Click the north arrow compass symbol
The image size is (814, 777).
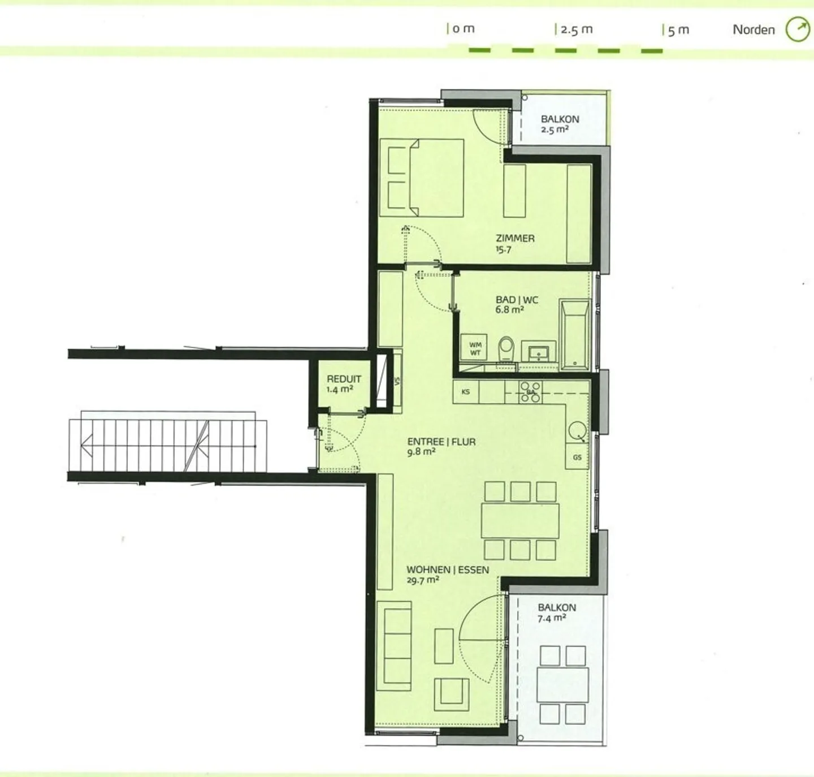(x=798, y=29)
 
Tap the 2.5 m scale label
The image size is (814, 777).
(x=577, y=29)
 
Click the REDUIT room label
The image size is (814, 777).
(x=344, y=379)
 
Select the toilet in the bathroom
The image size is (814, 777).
(x=506, y=349)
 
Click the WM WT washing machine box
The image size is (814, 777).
(x=475, y=348)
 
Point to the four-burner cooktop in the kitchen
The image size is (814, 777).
(x=530, y=391)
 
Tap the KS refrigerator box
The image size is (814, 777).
(x=466, y=391)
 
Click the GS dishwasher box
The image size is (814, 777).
(x=577, y=456)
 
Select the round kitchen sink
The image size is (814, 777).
(x=577, y=431)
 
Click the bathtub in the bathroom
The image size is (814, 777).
(x=575, y=334)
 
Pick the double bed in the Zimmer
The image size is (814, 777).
(x=422, y=178)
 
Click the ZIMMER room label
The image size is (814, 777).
(x=515, y=238)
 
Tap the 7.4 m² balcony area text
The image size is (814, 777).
(x=552, y=618)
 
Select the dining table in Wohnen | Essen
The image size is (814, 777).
(x=520, y=521)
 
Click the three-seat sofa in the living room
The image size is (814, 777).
(x=394, y=646)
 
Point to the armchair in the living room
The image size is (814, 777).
(x=451, y=694)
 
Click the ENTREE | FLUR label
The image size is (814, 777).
(x=441, y=442)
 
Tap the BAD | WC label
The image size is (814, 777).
(x=517, y=300)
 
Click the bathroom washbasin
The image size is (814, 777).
(x=539, y=353)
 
